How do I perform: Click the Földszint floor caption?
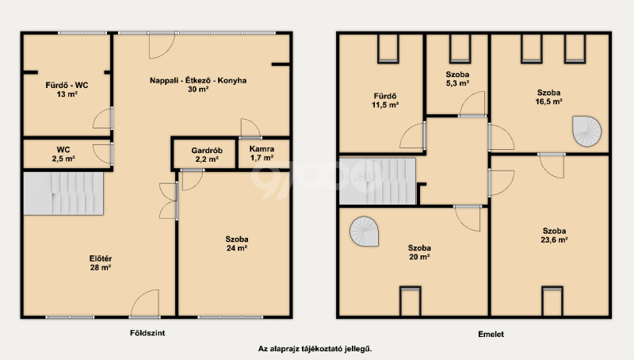coord(147,333)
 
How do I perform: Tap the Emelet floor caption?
coord(491,334)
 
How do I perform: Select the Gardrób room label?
coord(207,151)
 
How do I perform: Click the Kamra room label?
coord(262,149)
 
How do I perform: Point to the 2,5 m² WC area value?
coord(63,159)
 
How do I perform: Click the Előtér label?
coord(101,258)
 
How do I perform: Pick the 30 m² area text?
coord(198,89)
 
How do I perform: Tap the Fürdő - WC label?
coord(67,86)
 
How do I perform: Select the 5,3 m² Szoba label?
coord(457,74)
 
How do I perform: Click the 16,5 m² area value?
coord(548,101)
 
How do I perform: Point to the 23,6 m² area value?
coord(554,239)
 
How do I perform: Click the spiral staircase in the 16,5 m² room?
coord(586,132)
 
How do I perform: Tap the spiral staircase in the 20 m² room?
coord(364,232)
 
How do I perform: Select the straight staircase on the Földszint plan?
coord(63,193)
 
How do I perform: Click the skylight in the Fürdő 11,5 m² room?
coord(388,49)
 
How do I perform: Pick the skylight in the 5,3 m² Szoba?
coord(460,49)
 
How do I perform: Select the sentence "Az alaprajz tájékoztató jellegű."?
coord(315,349)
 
